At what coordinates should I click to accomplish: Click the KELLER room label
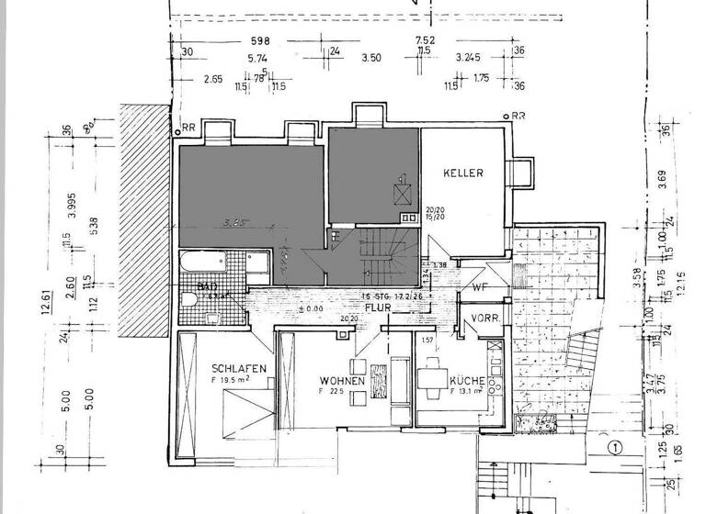(x=462, y=173)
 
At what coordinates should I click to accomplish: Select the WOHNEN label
(x=343, y=381)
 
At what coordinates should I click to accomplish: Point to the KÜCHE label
(x=468, y=379)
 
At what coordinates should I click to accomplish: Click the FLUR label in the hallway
(x=374, y=309)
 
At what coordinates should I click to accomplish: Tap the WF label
(x=479, y=286)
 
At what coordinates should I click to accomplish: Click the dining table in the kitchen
(x=431, y=378)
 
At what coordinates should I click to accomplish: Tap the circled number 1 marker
(x=615, y=448)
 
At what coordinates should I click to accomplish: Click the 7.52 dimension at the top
(x=425, y=40)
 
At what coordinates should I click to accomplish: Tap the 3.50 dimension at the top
(x=371, y=58)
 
